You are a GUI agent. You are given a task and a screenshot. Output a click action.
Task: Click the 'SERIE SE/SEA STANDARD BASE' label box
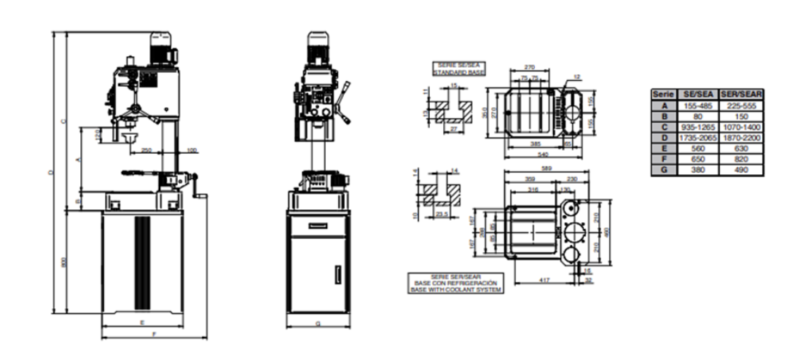tap(458, 69)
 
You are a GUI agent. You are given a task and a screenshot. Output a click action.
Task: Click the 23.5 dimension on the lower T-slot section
tap(441, 214)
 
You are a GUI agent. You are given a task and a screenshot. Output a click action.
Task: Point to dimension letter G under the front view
tap(318, 322)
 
